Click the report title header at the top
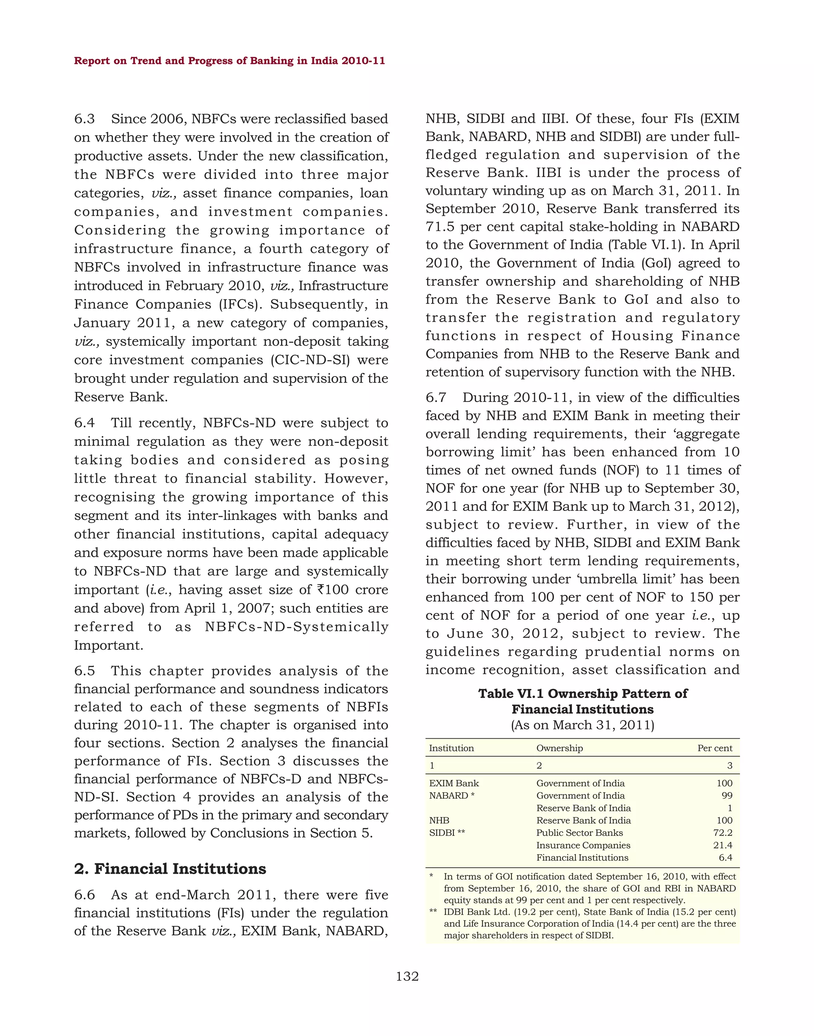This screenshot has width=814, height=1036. click(x=229, y=61)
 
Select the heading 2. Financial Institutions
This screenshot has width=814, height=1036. click(x=170, y=869)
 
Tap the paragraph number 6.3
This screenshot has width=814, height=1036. click(x=84, y=119)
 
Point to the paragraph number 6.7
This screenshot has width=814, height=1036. click(x=436, y=398)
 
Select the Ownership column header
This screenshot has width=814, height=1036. click(x=559, y=748)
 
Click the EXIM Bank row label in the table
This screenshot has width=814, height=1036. click(x=454, y=783)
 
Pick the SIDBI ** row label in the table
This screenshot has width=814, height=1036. click(x=447, y=833)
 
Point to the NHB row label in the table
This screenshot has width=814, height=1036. click(x=439, y=821)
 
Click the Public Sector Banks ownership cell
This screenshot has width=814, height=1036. click(x=579, y=833)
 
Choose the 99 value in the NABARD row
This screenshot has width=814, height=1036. click(x=727, y=796)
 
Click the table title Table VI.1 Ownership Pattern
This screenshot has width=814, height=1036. click(x=582, y=694)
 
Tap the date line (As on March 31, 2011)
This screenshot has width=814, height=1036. click(x=582, y=725)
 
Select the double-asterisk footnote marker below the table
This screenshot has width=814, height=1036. click(x=433, y=912)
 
